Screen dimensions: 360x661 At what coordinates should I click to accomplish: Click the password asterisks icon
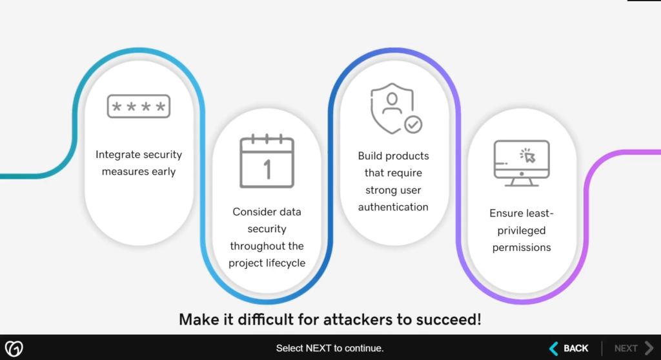pyautogui.click(x=139, y=106)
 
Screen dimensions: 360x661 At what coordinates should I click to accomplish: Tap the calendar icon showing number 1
pyautogui.click(x=267, y=161)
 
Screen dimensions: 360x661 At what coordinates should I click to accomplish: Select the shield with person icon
pyautogui.click(x=391, y=106)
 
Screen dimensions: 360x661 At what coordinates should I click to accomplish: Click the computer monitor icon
pyautogui.click(x=521, y=163)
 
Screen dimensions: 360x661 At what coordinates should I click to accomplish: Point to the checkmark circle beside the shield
pyautogui.click(x=412, y=124)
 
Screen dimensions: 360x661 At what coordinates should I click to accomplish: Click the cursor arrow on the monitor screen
pyautogui.click(x=529, y=155)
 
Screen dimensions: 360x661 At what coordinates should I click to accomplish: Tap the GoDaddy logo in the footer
pyautogui.click(x=14, y=348)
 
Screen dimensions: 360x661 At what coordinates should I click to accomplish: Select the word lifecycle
pyautogui.click(x=284, y=263)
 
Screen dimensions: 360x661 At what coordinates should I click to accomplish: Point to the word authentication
pyautogui.click(x=393, y=207)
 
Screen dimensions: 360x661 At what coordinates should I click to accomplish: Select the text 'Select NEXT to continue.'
pyautogui.click(x=330, y=348)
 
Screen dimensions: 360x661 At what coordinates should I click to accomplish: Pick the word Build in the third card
pyautogui.click(x=371, y=155)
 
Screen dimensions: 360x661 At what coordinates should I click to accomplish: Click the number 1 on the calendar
pyautogui.click(x=267, y=169)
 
